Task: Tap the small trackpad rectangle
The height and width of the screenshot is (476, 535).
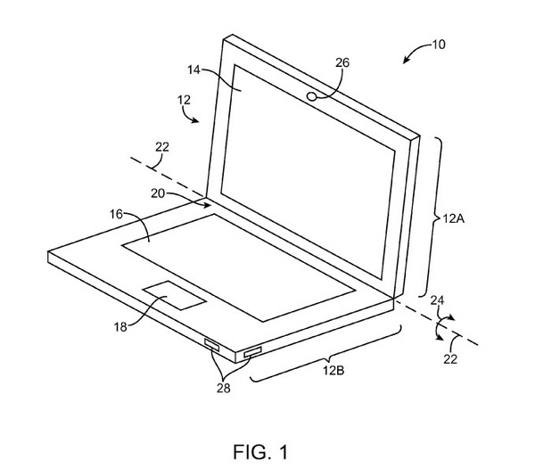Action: (172, 295)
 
